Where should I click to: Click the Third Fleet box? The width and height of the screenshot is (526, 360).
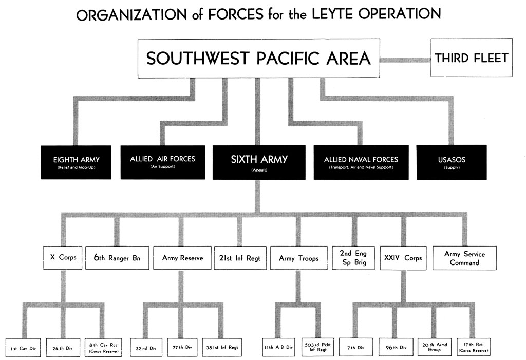click(x=472, y=58)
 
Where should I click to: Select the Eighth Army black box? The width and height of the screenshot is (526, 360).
click(x=76, y=162)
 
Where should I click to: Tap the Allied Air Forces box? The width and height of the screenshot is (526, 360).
click(x=163, y=162)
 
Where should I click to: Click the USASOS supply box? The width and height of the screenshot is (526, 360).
click(x=452, y=162)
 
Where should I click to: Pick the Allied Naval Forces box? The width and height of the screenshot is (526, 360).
click(x=361, y=162)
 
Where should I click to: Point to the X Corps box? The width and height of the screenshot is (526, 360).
click(x=63, y=258)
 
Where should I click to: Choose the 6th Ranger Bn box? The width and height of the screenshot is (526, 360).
click(x=117, y=258)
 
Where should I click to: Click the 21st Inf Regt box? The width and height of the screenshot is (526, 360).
click(x=240, y=258)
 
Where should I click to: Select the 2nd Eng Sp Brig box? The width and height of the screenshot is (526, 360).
click(x=353, y=258)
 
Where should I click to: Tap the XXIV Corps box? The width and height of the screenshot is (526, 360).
click(x=403, y=258)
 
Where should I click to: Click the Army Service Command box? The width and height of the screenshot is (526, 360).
click(x=464, y=258)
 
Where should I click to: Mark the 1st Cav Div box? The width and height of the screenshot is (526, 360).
click(x=23, y=348)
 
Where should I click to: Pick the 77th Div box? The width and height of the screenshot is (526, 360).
click(x=182, y=347)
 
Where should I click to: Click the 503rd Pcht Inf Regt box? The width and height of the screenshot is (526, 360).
click(x=317, y=347)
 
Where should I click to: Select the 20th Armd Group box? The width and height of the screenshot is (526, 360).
click(x=435, y=347)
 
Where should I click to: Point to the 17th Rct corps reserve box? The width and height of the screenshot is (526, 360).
click(x=473, y=347)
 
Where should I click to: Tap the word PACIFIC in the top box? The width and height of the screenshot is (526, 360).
click(x=288, y=58)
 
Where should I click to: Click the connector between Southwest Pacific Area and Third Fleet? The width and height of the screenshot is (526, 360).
click(x=405, y=60)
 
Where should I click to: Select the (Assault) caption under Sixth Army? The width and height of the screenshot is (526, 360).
click(x=259, y=170)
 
